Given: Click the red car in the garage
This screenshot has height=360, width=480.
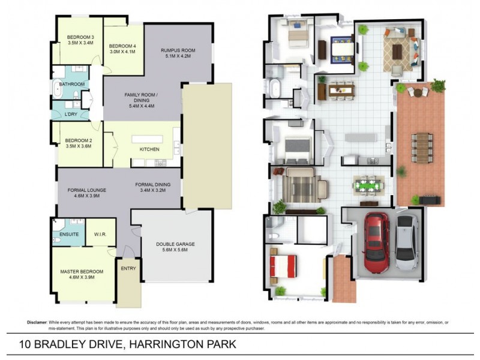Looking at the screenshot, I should point(377,242).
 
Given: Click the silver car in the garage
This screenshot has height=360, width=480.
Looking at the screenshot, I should point(407,242).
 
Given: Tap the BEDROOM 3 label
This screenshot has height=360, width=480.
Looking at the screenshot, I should point(80,37).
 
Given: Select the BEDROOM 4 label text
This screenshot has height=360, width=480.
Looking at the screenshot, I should point(122,46).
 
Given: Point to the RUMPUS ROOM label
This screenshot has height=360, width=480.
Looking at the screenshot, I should point(178,50).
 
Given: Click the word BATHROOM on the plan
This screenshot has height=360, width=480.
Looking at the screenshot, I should point(71,85).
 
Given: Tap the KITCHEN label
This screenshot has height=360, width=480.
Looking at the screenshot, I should point(149,149).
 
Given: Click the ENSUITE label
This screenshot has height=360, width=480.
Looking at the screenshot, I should point(69,234).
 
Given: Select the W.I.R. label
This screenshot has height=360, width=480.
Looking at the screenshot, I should point(101,234).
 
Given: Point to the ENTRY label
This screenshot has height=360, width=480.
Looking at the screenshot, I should point(128,268).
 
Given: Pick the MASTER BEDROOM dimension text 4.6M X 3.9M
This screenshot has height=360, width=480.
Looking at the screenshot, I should point(82,278).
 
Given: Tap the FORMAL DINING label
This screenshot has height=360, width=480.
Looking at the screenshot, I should point(153,185).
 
